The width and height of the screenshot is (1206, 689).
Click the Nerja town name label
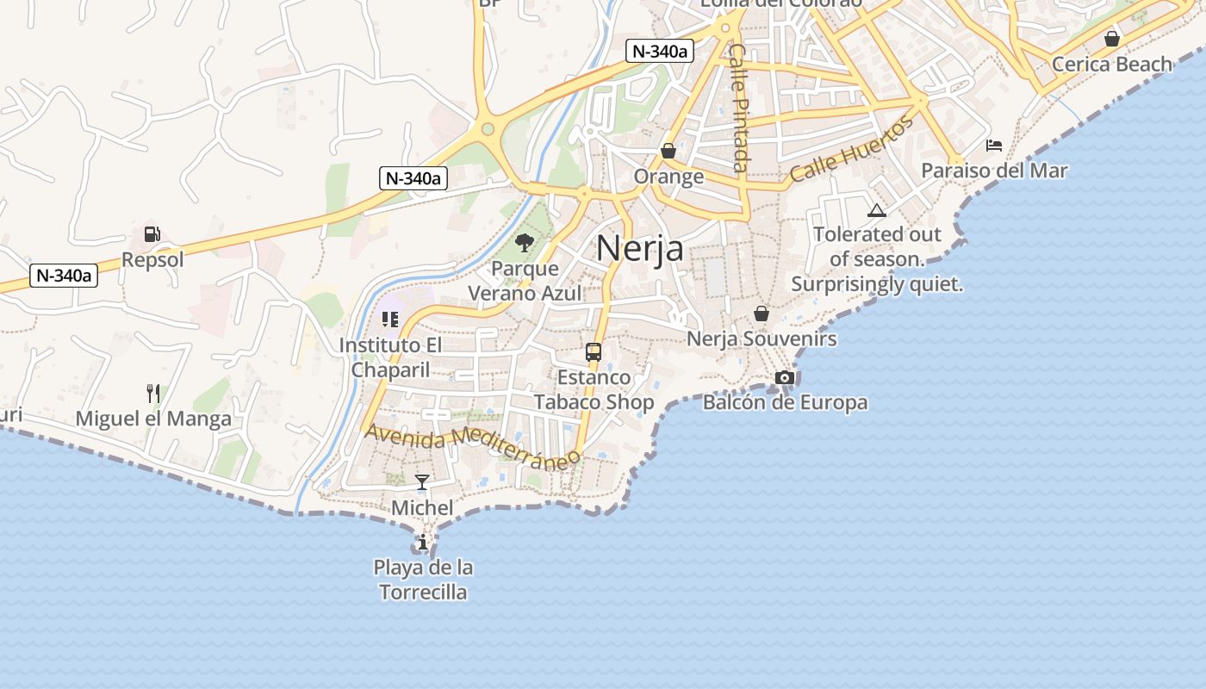[640, 248]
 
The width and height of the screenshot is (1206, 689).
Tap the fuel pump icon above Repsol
[152, 233]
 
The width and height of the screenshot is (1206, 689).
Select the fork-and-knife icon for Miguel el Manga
[153, 394]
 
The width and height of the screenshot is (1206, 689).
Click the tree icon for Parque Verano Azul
[524, 243]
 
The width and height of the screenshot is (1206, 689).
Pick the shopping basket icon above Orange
[668, 152]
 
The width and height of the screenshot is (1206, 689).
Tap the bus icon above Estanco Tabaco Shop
[594, 351]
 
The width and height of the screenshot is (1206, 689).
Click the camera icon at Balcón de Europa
[785, 377]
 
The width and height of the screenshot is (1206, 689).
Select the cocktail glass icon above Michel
[422, 482]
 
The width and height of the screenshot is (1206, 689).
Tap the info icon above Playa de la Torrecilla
[423, 543]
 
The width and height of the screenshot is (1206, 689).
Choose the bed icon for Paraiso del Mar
[994, 146]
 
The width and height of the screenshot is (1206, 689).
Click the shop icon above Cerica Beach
[1112, 39]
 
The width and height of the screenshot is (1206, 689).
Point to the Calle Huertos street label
[851, 150]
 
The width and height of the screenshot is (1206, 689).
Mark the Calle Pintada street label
[739, 107]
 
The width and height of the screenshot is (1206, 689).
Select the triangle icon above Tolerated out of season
[876, 210]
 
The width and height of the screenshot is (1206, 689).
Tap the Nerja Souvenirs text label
[762, 338]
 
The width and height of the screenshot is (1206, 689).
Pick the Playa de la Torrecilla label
[423, 580]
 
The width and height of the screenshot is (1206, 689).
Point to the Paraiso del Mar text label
[994, 171]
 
